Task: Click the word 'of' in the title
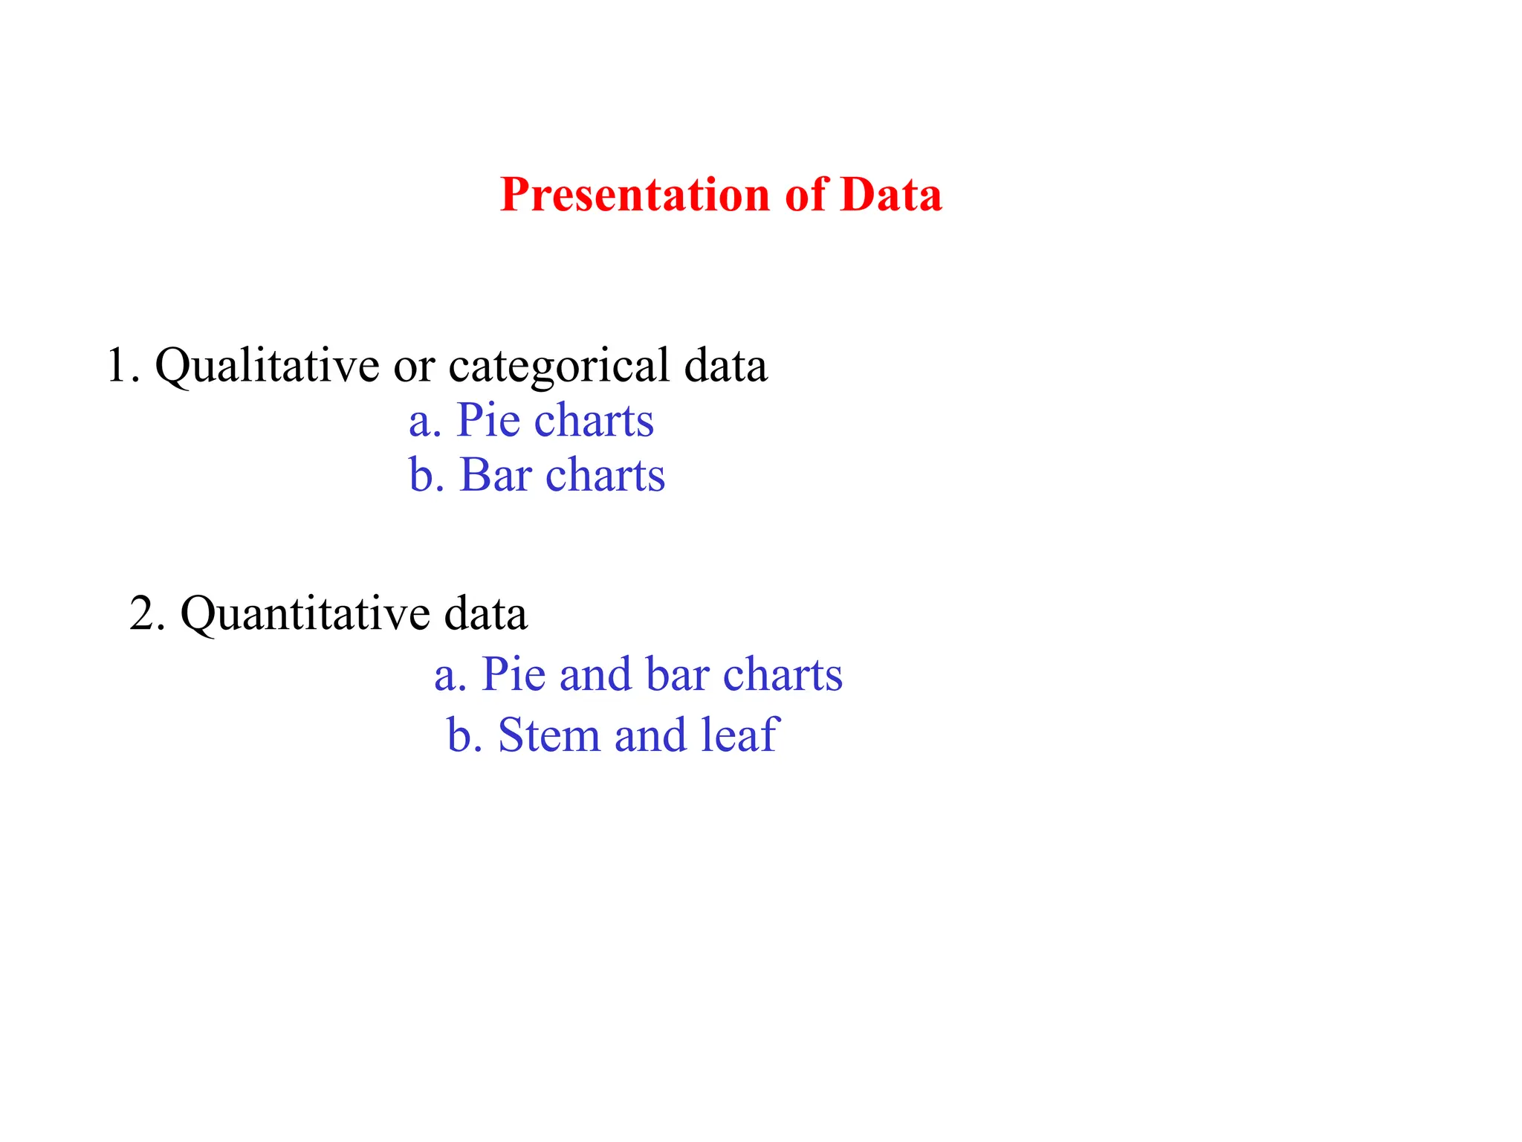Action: (x=806, y=195)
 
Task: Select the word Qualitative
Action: (x=266, y=366)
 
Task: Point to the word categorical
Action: (x=558, y=366)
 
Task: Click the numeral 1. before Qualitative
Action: (x=122, y=366)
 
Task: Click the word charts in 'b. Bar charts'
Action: (x=605, y=474)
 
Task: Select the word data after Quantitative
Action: (x=486, y=614)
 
